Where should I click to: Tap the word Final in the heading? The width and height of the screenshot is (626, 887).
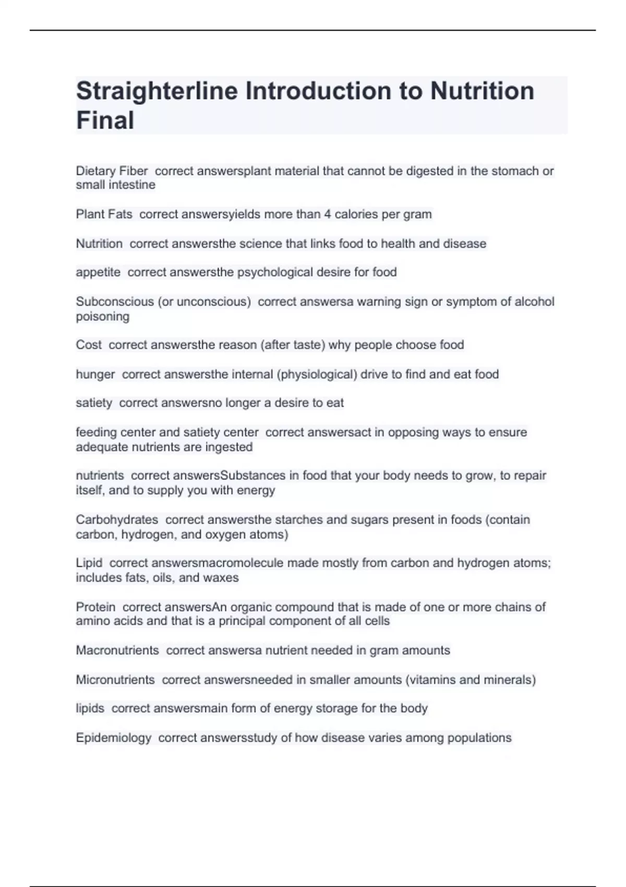pos(105,121)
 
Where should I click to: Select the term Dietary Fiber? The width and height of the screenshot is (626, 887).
pos(112,171)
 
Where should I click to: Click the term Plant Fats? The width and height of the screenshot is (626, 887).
pos(104,214)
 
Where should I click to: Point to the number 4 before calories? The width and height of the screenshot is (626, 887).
pos(328,214)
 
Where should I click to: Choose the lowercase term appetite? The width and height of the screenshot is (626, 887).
pos(98,272)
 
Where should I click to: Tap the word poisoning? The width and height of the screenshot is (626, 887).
pos(103,317)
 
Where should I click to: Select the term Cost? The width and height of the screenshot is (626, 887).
pos(89,345)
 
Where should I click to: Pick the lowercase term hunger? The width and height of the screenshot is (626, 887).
pos(95,375)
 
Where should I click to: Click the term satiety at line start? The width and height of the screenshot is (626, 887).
pos(94,403)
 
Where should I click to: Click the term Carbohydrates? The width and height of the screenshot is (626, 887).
pos(117,520)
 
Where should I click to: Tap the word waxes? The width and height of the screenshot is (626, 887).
pos(222,578)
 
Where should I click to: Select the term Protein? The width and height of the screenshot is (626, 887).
pos(95,607)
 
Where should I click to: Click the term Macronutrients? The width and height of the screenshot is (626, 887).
pos(117,651)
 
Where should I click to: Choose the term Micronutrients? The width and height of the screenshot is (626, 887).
pos(115,680)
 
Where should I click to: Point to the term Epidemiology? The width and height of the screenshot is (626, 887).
pos(114,738)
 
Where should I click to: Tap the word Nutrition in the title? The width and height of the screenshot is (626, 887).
pos(482,91)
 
